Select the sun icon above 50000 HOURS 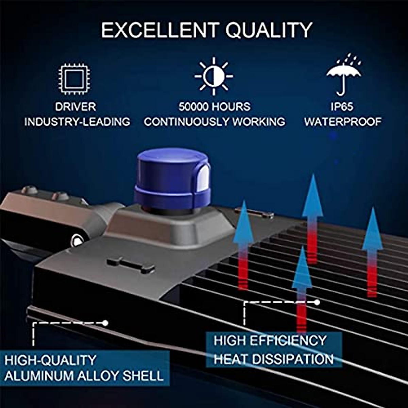(x=214, y=76)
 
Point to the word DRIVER (x=76, y=107)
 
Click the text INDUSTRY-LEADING (x=77, y=121)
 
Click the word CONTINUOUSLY (x=182, y=121)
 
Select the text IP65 (x=342, y=107)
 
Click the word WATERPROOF (x=343, y=121)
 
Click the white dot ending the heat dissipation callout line (x=317, y=302)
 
